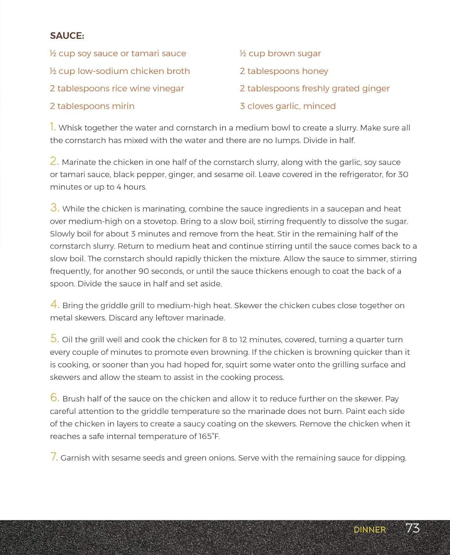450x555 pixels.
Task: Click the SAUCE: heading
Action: (x=67, y=36)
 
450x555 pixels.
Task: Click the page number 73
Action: (x=412, y=528)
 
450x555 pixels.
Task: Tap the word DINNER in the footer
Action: (x=369, y=530)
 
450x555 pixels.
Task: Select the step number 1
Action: (x=53, y=127)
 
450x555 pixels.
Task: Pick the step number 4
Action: (x=54, y=305)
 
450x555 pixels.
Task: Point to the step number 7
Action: (x=54, y=457)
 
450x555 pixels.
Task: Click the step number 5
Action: (x=54, y=339)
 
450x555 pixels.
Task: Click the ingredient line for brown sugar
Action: (x=280, y=54)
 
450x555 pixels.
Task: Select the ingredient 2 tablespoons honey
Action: (x=284, y=71)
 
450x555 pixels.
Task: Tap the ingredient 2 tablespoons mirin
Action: (x=92, y=106)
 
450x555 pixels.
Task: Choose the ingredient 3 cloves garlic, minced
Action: (x=288, y=106)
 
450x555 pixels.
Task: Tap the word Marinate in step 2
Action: (x=79, y=162)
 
